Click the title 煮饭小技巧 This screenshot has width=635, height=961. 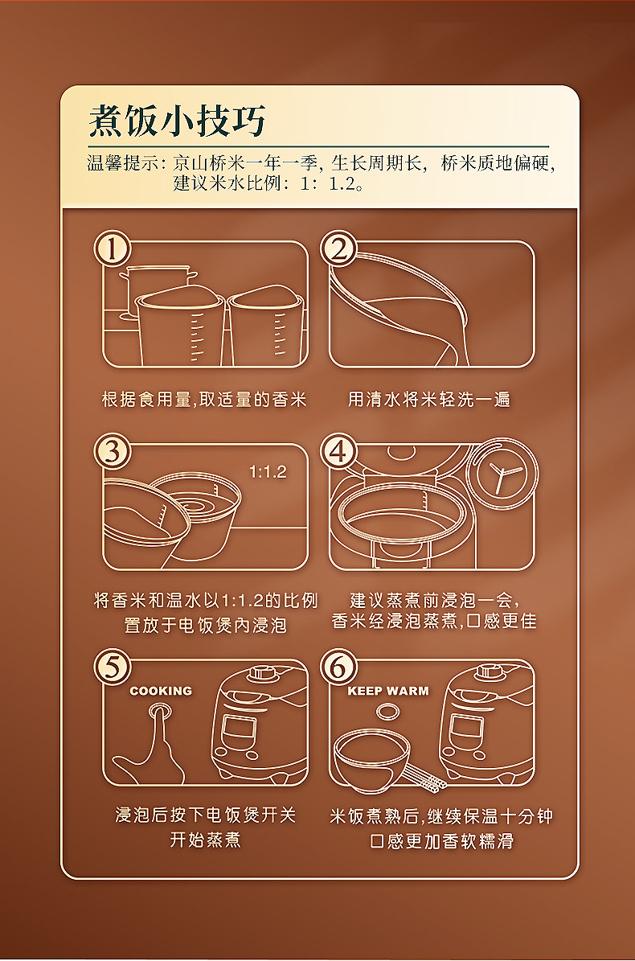177,120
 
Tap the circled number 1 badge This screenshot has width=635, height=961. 112,248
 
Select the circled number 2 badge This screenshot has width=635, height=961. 338,248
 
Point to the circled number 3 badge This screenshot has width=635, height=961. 112,452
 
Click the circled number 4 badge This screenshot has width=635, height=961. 338,452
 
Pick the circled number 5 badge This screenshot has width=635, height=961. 112,667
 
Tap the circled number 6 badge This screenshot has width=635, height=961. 338,667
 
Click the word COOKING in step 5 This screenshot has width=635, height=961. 161,691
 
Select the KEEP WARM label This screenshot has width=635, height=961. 387,691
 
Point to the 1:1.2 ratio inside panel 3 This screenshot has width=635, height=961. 268,471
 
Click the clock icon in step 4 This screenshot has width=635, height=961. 502,473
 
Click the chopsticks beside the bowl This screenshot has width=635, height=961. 424,776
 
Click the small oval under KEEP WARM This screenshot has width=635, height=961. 387,713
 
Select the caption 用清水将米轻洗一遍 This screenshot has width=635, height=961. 429,400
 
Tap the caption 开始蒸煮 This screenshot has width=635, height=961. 206,839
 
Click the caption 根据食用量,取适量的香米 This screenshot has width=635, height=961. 204,400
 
